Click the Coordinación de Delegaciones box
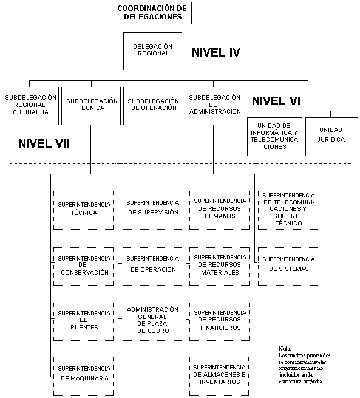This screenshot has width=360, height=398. [152, 13]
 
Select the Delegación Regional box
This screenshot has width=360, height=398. [152, 51]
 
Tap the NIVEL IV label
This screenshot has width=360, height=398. [216, 52]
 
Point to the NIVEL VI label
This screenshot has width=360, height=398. [276, 101]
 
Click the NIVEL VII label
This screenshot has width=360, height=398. [44, 143]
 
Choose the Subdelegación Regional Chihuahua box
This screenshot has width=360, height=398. [30, 106]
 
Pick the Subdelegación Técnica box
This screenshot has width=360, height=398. [91, 106]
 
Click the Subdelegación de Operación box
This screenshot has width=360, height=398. [152, 106]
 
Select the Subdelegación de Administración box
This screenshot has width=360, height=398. [214, 106]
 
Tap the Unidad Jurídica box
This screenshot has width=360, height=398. [331, 137]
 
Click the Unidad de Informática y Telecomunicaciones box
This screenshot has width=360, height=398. [274, 137]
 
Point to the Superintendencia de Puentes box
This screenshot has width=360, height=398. [84, 321]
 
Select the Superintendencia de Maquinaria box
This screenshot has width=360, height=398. [84, 376]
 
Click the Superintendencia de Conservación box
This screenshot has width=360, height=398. [84, 266]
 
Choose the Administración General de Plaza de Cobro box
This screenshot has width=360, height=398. [152, 321]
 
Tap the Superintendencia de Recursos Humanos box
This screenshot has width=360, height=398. [220, 210]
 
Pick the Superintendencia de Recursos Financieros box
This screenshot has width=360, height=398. [220, 321]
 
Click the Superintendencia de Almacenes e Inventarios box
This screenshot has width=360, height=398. [219, 376]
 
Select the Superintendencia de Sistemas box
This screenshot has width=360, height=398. [288, 266]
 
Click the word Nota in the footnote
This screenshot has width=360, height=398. [285, 349]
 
